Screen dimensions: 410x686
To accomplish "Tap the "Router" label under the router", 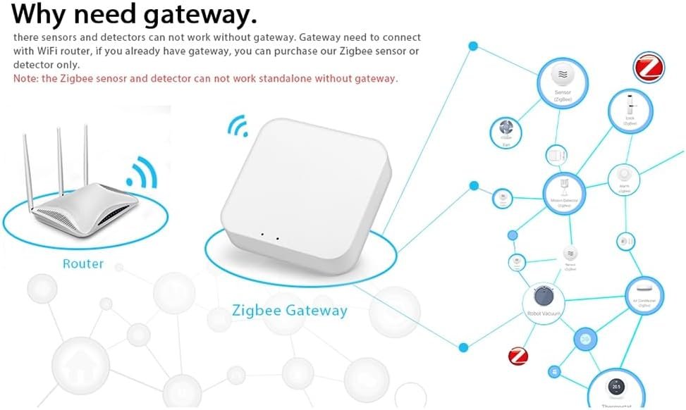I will [x=83, y=264].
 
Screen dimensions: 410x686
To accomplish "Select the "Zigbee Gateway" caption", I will [x=290, y=310].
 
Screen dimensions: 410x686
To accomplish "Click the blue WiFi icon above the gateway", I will [x=238, y=127].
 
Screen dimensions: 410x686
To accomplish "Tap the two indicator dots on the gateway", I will [x=270, y=237].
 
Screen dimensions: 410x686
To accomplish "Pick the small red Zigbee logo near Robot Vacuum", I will [x=518, y=356].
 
